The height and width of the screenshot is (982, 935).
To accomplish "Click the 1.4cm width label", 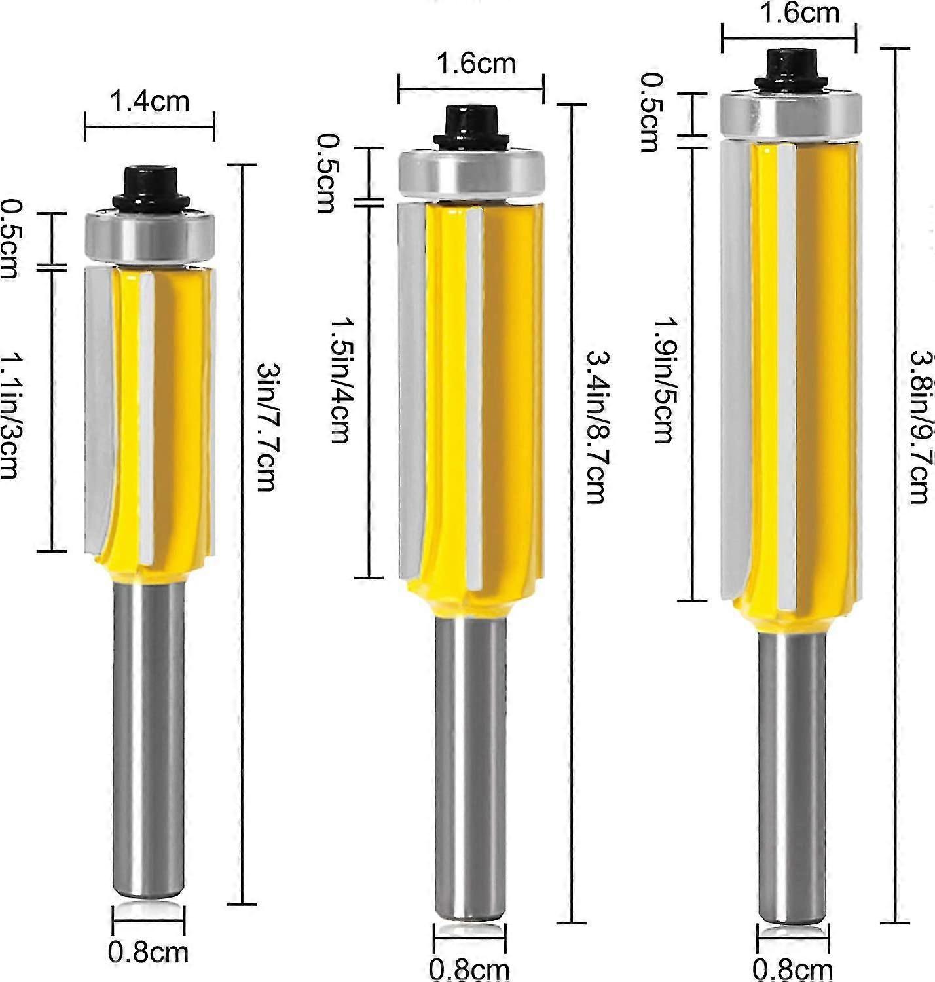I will (x=149, y=101).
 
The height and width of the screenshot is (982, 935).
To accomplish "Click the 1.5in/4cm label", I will (x=339, y=380).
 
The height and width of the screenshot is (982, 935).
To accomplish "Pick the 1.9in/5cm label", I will (x=663, y=380).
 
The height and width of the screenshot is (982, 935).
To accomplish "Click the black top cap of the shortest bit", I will (x=150, y=185).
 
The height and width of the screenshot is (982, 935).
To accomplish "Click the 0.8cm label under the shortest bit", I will (x=148, y=952).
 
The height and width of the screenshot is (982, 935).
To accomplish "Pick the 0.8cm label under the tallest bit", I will (x=792, y=968).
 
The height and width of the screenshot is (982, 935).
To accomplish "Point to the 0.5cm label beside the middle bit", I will (x=325, y=173).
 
